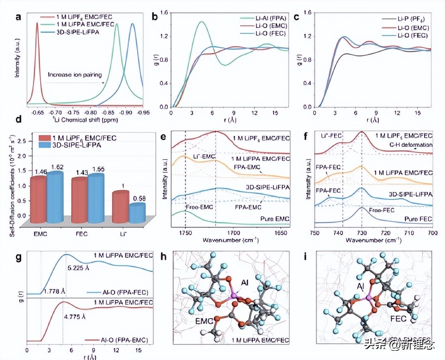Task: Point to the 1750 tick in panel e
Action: (x=185, y=232)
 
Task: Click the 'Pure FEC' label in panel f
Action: (x=418, y=219)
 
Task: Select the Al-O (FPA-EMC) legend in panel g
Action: (x=120, y=340)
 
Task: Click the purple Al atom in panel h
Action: (x=235, y=297)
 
